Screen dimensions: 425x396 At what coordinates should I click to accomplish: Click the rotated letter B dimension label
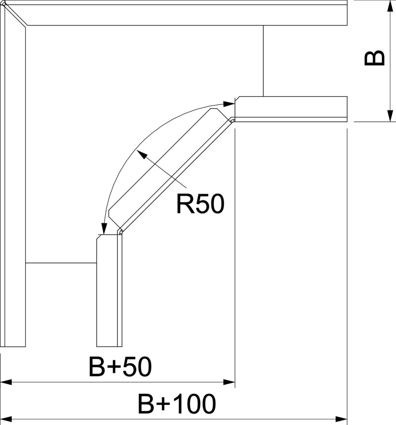pyautogui.click(x=375, y=58)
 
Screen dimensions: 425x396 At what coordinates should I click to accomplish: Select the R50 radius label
pyautogui.click(x=200, y=204)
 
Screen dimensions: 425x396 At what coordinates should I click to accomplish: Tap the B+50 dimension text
pyautogui.click(x=120, y=367)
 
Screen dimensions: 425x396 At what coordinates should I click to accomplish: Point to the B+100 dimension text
pyautogui.click(x=177, y=404)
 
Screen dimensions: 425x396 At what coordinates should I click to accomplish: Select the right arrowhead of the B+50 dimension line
pyautogui.click(x=229, y=382)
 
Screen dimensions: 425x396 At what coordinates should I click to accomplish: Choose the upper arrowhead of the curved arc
pyautogui.click(x=229, y=104)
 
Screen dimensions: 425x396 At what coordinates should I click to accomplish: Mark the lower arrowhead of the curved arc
pyautogui.click(x=104, y=228)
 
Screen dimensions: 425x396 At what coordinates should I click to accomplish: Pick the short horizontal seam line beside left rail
pyautogui.click(x=61, y=263)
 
